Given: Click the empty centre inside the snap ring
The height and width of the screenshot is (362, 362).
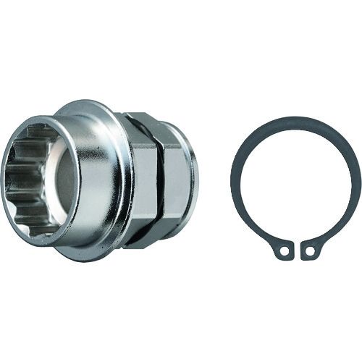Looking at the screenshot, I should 296,185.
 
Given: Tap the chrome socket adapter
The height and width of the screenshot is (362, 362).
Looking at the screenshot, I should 109,181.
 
